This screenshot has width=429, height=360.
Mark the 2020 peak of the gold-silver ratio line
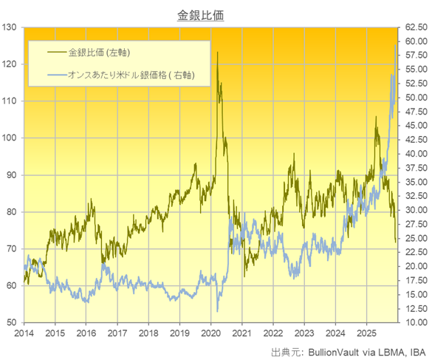point(217,53)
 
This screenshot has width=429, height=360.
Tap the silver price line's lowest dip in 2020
point(217,311)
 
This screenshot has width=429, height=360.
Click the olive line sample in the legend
point(48,52)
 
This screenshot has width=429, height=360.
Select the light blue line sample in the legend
point(48,75)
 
